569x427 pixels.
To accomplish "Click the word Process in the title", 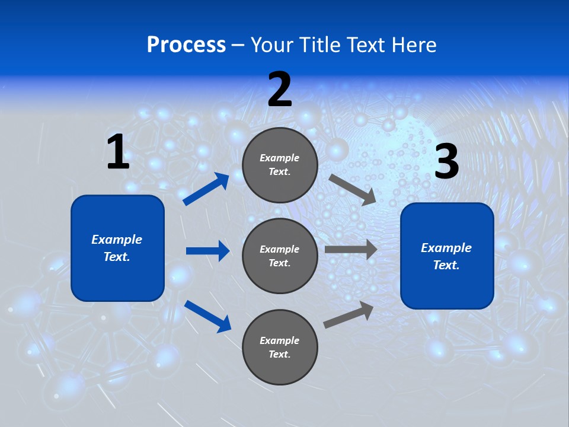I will tap(186, 44).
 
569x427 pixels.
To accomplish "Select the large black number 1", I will tap(118, 152).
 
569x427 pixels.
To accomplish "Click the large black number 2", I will tap(280, 90).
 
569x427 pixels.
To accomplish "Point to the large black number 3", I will tap(446, 162).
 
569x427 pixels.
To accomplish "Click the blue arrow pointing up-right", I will tap(206, 189).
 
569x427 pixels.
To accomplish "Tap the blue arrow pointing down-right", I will tap(207, 316).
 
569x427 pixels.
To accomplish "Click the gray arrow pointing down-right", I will tap(352, 189).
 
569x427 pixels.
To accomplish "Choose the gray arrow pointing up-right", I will tap(349, 314).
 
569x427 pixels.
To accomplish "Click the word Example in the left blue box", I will tap(117, 240).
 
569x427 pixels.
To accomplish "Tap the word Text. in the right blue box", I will tap(446, 265).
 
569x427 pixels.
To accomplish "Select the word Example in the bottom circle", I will tap(280, 340).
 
